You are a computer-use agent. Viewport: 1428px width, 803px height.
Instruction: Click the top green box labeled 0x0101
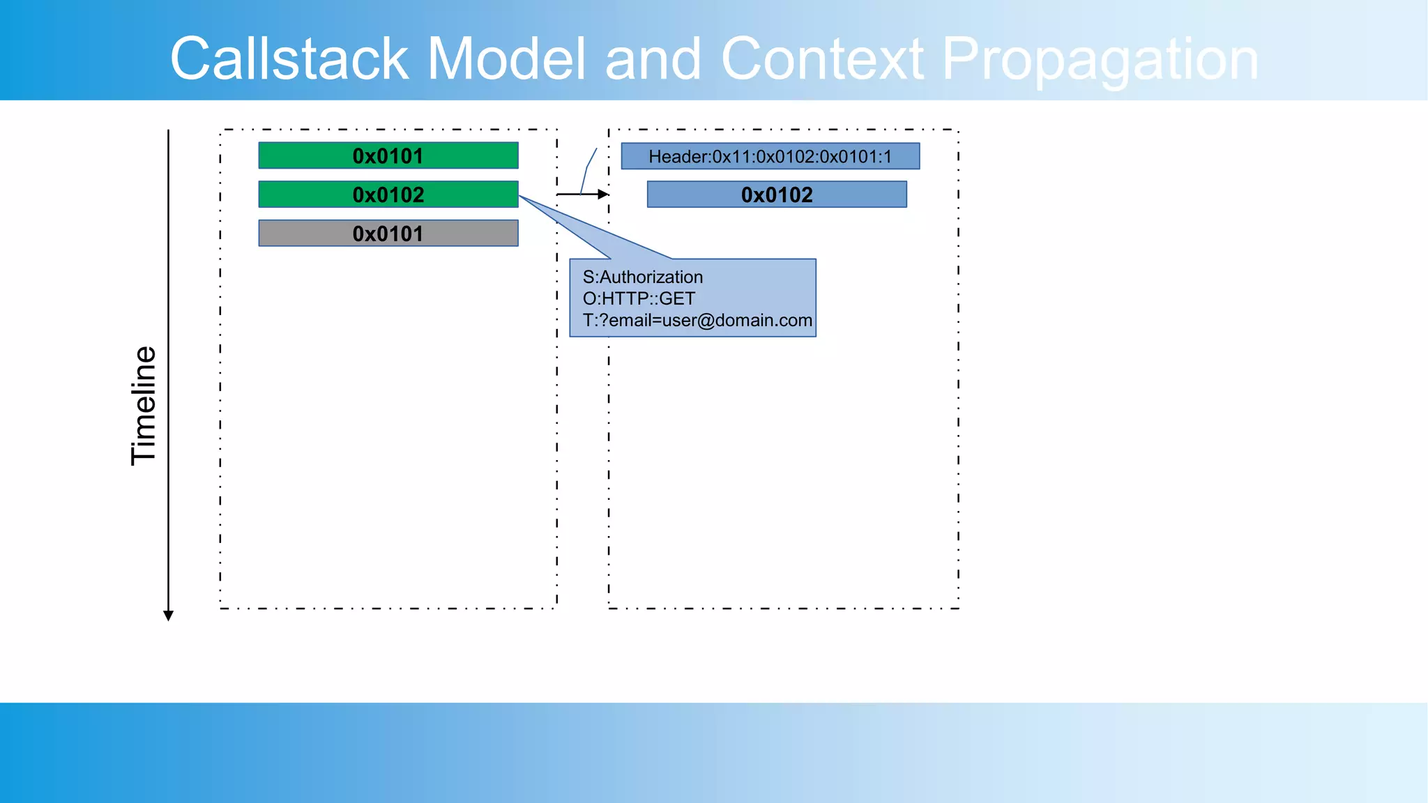coord(388,155)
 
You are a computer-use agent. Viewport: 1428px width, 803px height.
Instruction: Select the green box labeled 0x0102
coord(388,194)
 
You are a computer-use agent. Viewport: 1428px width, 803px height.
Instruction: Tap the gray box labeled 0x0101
coord(388,234)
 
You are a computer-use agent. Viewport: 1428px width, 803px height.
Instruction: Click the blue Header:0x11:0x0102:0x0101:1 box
coord(770,156)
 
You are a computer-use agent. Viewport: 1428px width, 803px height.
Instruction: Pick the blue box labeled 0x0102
coord(777,194)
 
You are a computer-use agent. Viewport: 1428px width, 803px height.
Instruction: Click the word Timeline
coord(144,406)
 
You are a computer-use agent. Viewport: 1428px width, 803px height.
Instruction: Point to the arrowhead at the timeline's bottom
coord(168,615)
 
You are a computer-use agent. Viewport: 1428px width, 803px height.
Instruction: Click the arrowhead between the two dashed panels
coord(604,194)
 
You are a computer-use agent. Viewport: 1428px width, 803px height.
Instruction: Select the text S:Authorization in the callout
coord(642,277)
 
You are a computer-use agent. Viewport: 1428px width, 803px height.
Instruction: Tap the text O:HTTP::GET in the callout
coord(639,299)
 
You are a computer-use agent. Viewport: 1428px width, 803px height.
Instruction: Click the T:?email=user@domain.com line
coord(697,321)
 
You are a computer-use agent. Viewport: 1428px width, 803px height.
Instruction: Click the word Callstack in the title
coord(289,59)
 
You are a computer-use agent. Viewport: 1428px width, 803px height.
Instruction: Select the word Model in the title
coord(506,59)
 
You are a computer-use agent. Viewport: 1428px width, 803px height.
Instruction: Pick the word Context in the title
coord(823,59)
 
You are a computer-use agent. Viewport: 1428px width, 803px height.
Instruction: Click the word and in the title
coord(653,59)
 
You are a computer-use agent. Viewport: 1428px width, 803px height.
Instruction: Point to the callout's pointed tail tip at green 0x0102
coord(520,197)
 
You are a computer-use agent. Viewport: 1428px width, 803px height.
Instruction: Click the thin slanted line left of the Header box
coord(588,169)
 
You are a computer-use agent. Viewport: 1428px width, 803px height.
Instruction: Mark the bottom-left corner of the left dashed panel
coord(220,609)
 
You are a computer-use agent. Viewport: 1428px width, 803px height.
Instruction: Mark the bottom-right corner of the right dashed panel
coord(959,609)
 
